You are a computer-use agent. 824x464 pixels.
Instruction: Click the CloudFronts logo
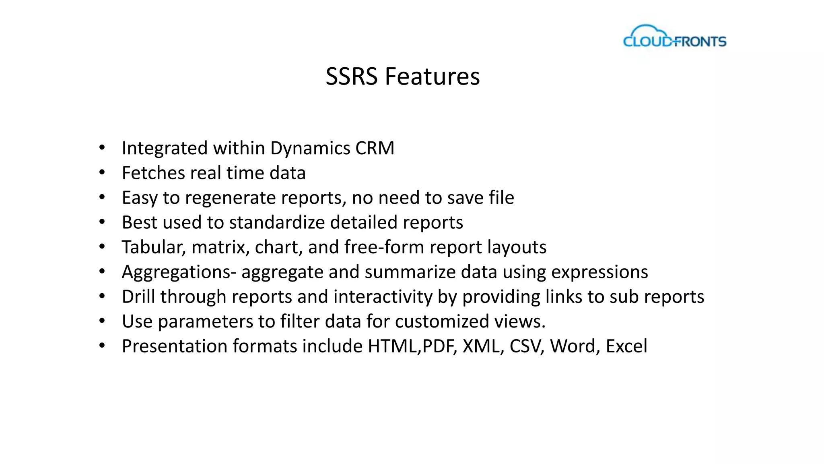(x=675, y=37)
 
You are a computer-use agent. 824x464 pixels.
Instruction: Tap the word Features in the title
(x=432, y=77)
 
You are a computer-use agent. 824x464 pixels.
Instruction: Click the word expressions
(x=599, y=272)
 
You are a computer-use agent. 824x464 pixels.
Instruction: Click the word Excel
(x=626, y=346)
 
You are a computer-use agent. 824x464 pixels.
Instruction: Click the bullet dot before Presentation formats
(x=102, y=346)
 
